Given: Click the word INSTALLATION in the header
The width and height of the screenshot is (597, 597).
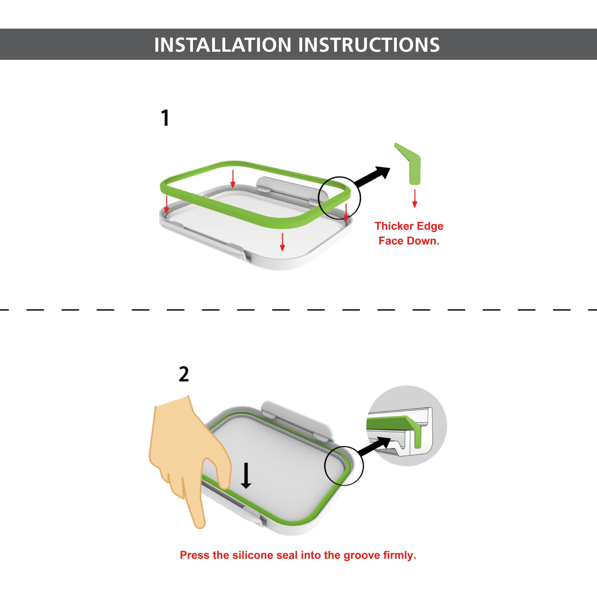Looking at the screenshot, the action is tap(223, 45).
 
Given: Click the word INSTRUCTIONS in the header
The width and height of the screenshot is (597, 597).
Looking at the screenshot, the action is tap(369, 45).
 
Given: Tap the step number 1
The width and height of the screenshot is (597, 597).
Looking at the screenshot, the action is tap(166, 118).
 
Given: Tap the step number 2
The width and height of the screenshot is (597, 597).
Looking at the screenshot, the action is tap(184, 374).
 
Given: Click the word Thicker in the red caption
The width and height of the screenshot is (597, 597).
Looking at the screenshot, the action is tap(394, 226).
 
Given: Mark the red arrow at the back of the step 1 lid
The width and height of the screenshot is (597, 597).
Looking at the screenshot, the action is tap(233, 179).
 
